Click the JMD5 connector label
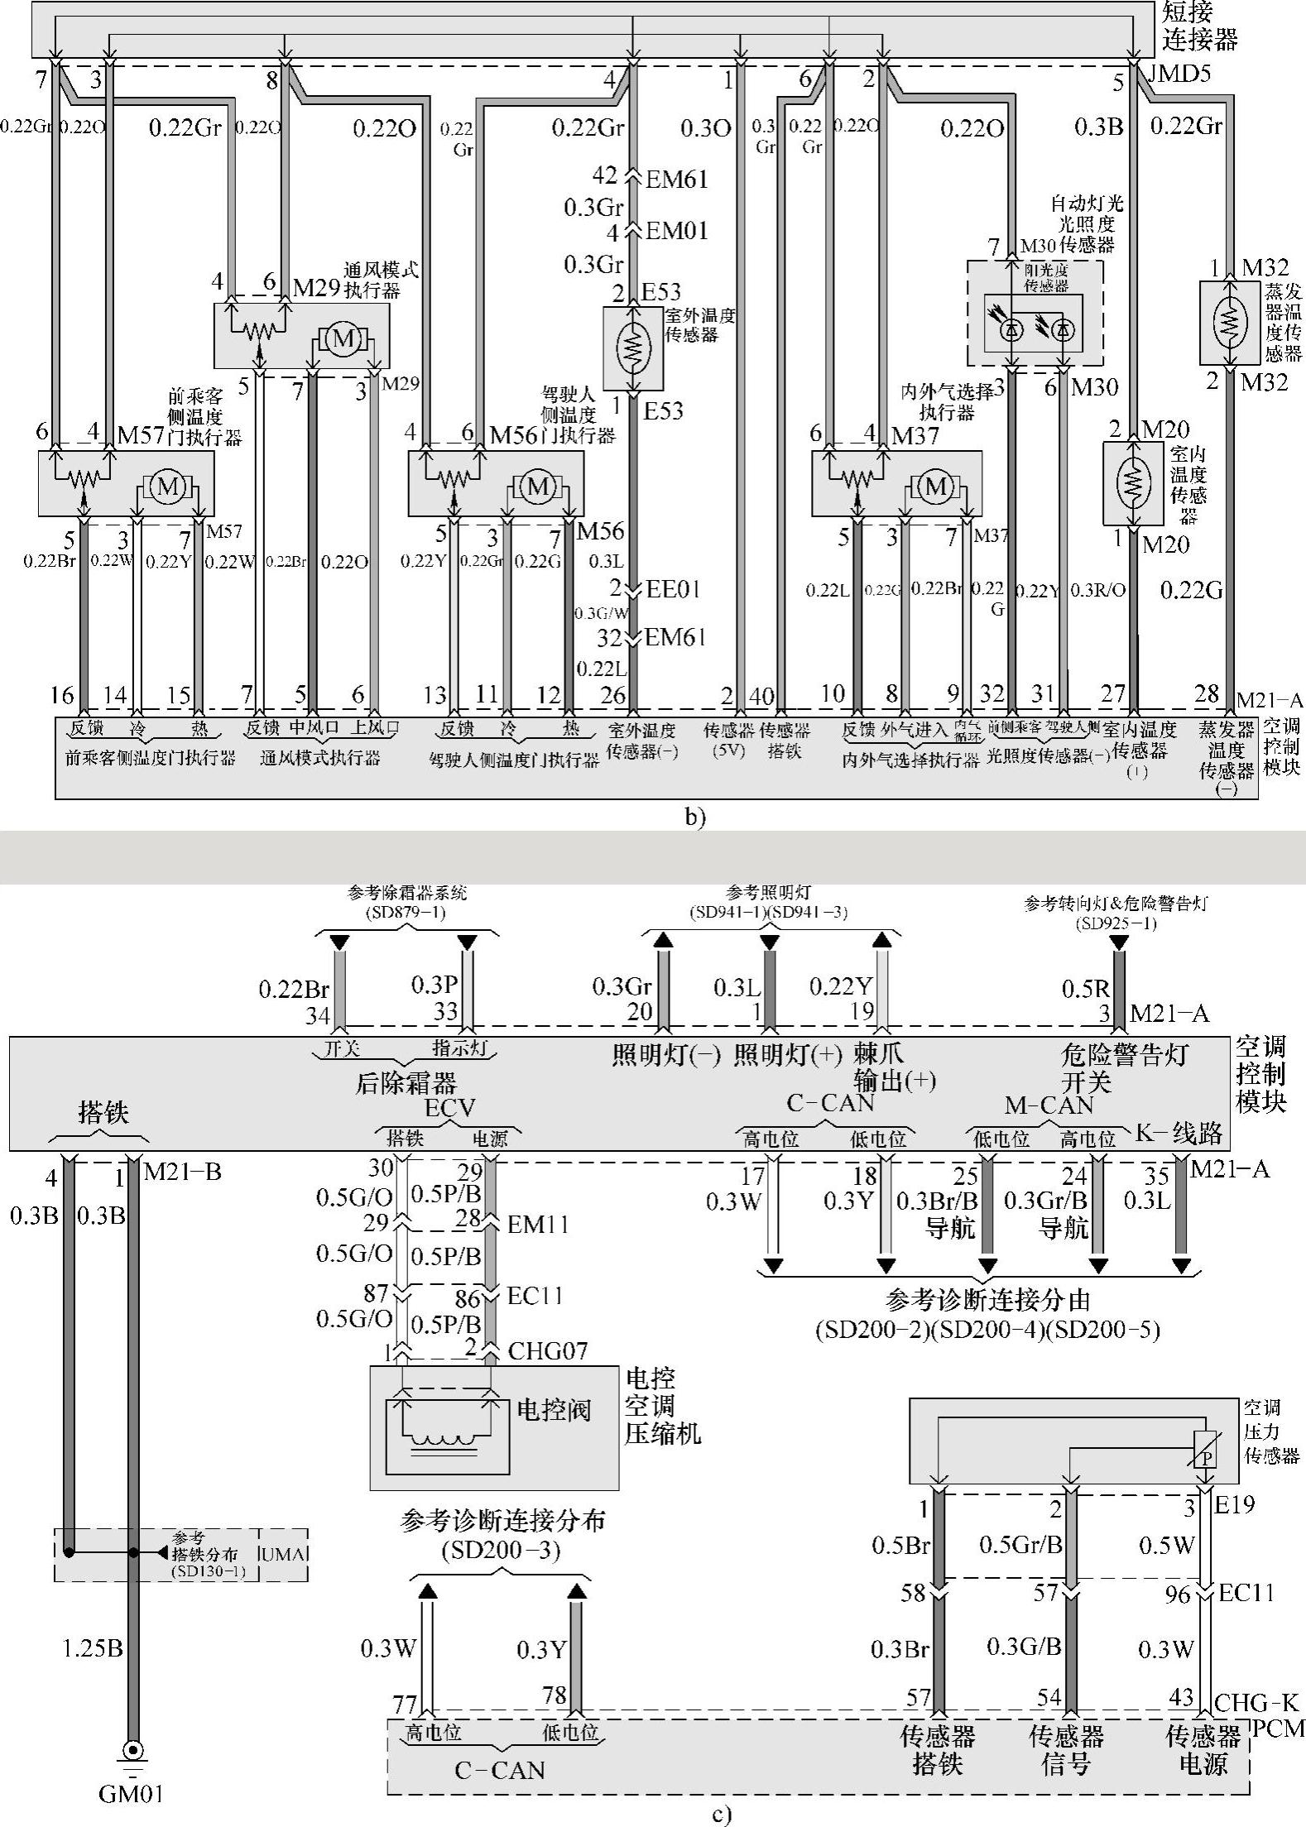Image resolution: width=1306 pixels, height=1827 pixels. click(1179, 74)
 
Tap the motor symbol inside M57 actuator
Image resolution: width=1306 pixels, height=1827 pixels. click(168, 487)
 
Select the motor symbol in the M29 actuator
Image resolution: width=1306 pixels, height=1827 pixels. click(343, 338)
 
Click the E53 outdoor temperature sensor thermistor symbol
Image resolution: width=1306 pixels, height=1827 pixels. click(633, 348)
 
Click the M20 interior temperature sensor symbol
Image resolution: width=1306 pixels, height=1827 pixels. click(1133, 483)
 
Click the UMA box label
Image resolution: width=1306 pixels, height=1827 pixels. click(283, 1554)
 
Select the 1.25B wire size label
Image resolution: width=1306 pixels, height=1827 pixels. click(93, 1648)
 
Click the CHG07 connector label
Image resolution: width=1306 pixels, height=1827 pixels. click(548, 1351)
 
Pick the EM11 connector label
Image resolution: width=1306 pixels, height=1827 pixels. click(538, 1224)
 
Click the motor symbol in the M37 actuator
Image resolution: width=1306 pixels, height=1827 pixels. click(936, 487)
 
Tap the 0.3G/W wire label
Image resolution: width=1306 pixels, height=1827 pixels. click(602, 613)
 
